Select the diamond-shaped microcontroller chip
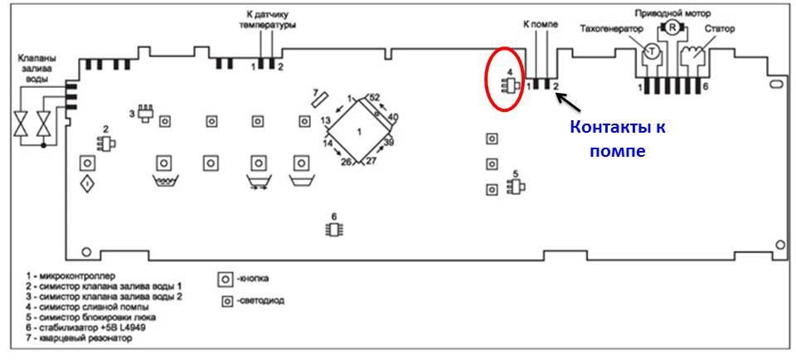pyautogui.click(x=358, y=132)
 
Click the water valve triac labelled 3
pyautogui.click(x=147, y=114)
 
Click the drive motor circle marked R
pyautogui.click(x=670, y=29)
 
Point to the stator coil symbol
pyautogui.click(x=691, y=56)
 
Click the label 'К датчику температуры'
pyautogui.click(x=271, y=19)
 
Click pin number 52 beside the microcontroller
pyautogui.click(x=374, y=97)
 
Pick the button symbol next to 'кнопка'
pyautogui.click(x=224, y=278)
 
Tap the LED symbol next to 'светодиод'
pyautogui.click(x=225, y=300)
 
